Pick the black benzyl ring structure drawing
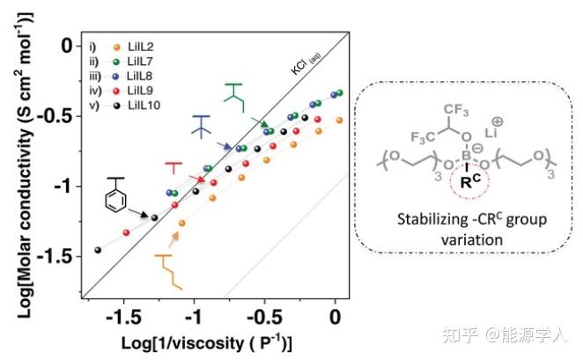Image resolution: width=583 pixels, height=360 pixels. tap(114, 196)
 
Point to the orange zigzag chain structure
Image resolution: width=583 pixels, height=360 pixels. tap(170, 270)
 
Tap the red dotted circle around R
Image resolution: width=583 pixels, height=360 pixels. tap(468, 186)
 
